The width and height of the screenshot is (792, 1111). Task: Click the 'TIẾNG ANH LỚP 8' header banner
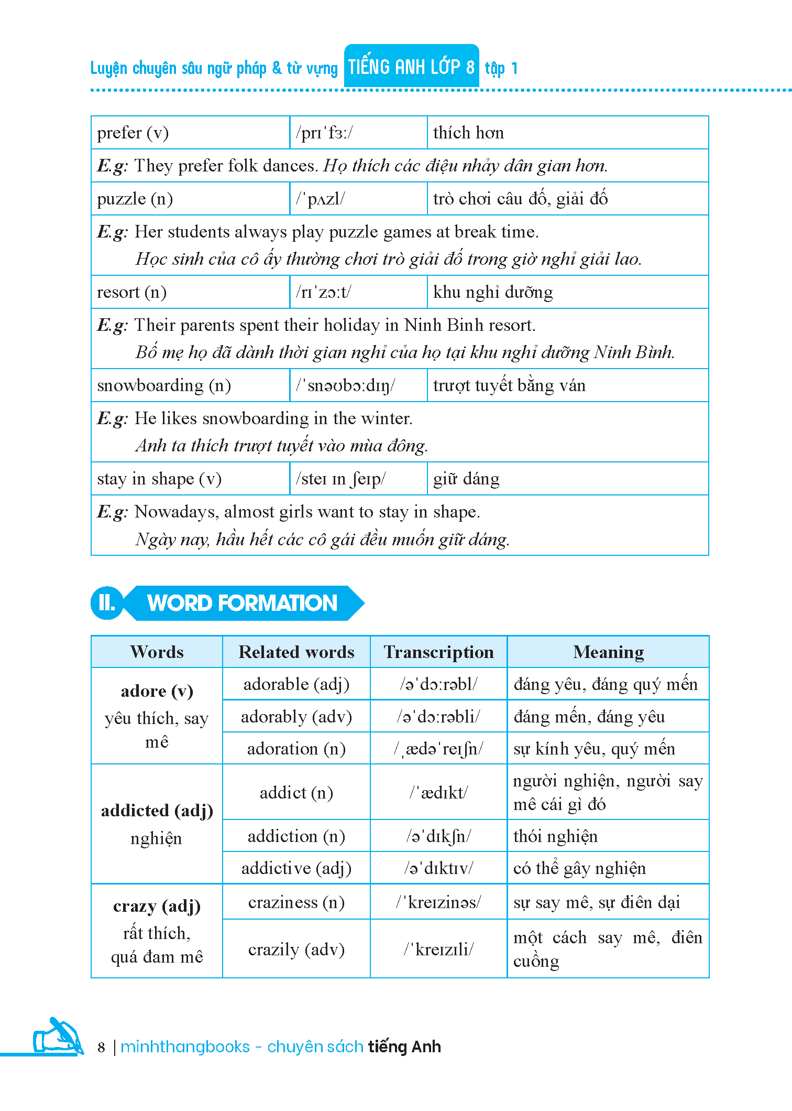[x=411, y=67]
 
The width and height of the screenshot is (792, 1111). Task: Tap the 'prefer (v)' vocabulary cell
[x=133, y=133]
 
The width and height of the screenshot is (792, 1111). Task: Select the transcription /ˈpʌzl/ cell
[x=321, y=199]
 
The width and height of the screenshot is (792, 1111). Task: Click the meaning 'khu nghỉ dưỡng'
[x=492, y=292]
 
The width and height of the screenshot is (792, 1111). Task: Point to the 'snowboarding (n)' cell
[x=164, y=385]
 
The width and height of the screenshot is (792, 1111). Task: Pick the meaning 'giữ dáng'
[x=466, y=479]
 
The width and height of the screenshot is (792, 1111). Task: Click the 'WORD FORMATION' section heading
[x=242, y=603]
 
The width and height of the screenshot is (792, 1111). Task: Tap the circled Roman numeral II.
[x=107, y=603]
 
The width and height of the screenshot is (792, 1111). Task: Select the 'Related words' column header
[x=296, y=652]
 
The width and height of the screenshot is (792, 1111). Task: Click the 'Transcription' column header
[x=438, y=652]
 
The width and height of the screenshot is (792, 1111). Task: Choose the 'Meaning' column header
[x=608, y=652]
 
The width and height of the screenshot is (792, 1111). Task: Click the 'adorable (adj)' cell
[x=296, y=684]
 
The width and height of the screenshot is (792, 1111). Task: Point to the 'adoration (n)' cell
[x=296, y=749]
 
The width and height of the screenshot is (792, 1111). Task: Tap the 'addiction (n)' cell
[x=296, y=836]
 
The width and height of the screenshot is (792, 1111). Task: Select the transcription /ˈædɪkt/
[x=438, y=792]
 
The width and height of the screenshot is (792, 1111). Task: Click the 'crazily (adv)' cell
[x=296, y=949]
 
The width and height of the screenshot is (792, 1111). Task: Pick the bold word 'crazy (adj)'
[x=157, y=906]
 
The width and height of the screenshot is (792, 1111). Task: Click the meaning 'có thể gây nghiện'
[x=579, y=868]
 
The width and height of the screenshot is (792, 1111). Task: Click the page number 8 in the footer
[x=102, y=1047]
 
